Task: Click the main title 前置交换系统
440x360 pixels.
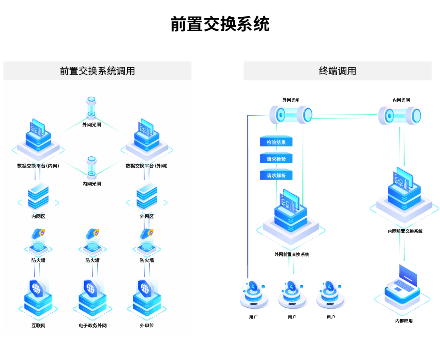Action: pyautogui.click(x=220, y=24)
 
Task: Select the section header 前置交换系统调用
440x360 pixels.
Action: pyautogui.click(x=97, y=71)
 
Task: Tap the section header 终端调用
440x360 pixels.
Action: pyautogui.click(x=337, y=71)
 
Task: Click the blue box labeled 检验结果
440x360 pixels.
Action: pyautogui.click(x=276, y=142)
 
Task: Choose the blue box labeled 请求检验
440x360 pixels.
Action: pyautogui.click(x=276, y=159)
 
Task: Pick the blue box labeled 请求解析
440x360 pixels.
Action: pyautogui.click(x=276, y=175)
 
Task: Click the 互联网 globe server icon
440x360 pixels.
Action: pyautogui.click(x=38, y=296)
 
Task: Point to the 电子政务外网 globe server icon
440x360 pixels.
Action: pyautogui.click(x=92, y=296)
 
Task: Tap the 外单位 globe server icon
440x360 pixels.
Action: pyautogui.click(x=147, y=296)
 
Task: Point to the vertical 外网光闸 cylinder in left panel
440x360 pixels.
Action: pyautogui.click(x=92, y=107)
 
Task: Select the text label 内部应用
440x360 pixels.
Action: pyautogui.click(x=404, y=321)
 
